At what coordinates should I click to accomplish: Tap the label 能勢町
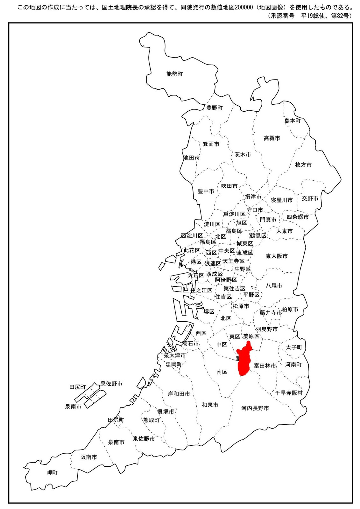click(174, 74)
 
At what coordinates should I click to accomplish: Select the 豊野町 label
click(214, 108)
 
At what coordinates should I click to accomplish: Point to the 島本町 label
click(292, 121)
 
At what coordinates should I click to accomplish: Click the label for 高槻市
click(272, 138)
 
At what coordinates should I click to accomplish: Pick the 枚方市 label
click(303, 165)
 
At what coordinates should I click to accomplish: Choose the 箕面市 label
click(211, 144)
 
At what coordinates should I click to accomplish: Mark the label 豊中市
click(206, 191)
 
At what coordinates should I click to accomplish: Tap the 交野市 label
click(310, 199)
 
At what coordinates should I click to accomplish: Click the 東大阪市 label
click(276, 256)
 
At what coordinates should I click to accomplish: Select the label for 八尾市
click(274, 286)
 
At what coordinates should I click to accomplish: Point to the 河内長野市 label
click(255, 408)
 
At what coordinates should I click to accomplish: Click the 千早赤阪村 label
click(289, 393)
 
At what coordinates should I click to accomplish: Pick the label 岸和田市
click(179, 394)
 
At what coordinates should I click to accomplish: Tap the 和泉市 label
click(210, 405)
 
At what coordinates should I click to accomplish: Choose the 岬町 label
click(52, 473)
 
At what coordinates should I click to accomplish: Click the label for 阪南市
click(88, 457)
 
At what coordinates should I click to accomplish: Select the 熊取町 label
click(151, 420)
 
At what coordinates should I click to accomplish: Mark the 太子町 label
click(293, 347)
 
